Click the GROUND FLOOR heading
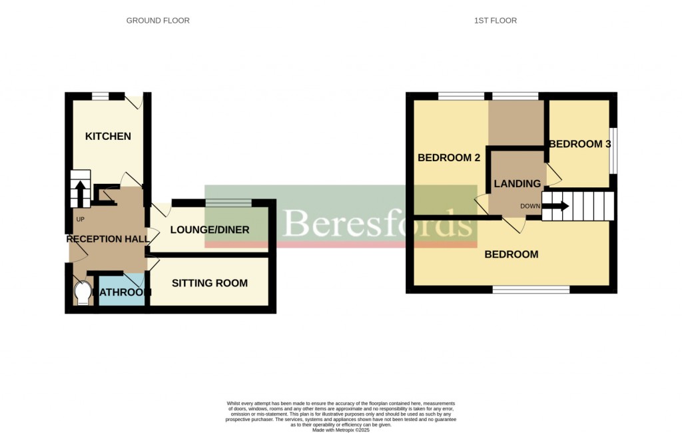158,21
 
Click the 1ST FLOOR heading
495,21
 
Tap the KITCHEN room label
108,137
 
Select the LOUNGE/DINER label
210,230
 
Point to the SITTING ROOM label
210,283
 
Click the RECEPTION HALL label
103,239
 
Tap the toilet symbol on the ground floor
83,293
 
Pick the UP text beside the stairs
80,219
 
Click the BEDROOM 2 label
449,158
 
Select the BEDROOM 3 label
579,144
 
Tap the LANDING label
517,184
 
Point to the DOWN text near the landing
530,207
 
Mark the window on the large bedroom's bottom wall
531,290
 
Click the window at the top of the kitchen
100,97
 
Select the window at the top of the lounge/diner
228,203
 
